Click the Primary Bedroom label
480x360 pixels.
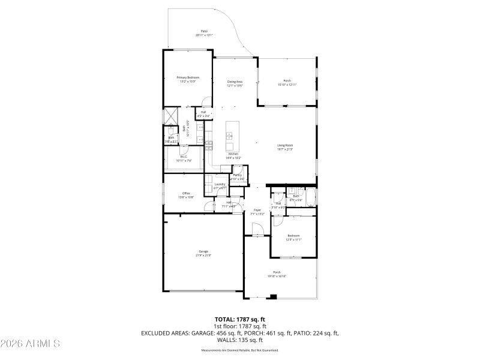[188, 77]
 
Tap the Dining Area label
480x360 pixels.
[234, 82]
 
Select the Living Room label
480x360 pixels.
[284, 145]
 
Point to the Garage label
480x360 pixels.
[203, 251]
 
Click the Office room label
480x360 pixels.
[186, 193]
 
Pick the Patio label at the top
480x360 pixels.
[204, 31]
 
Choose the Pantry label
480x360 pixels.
[237, 175]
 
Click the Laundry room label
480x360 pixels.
[220, 184]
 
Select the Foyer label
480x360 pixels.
[257, 210]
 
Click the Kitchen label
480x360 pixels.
[233, 154]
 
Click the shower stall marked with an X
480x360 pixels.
[172, 115]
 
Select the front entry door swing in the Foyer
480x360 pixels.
[257, 228]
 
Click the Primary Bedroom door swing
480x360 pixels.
[206, 101]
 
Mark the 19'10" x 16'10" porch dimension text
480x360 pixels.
[277, 276]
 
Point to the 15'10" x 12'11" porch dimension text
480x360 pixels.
[287, 85]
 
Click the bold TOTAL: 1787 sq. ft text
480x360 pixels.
[240, 319]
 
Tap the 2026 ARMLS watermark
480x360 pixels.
[30, 344]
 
